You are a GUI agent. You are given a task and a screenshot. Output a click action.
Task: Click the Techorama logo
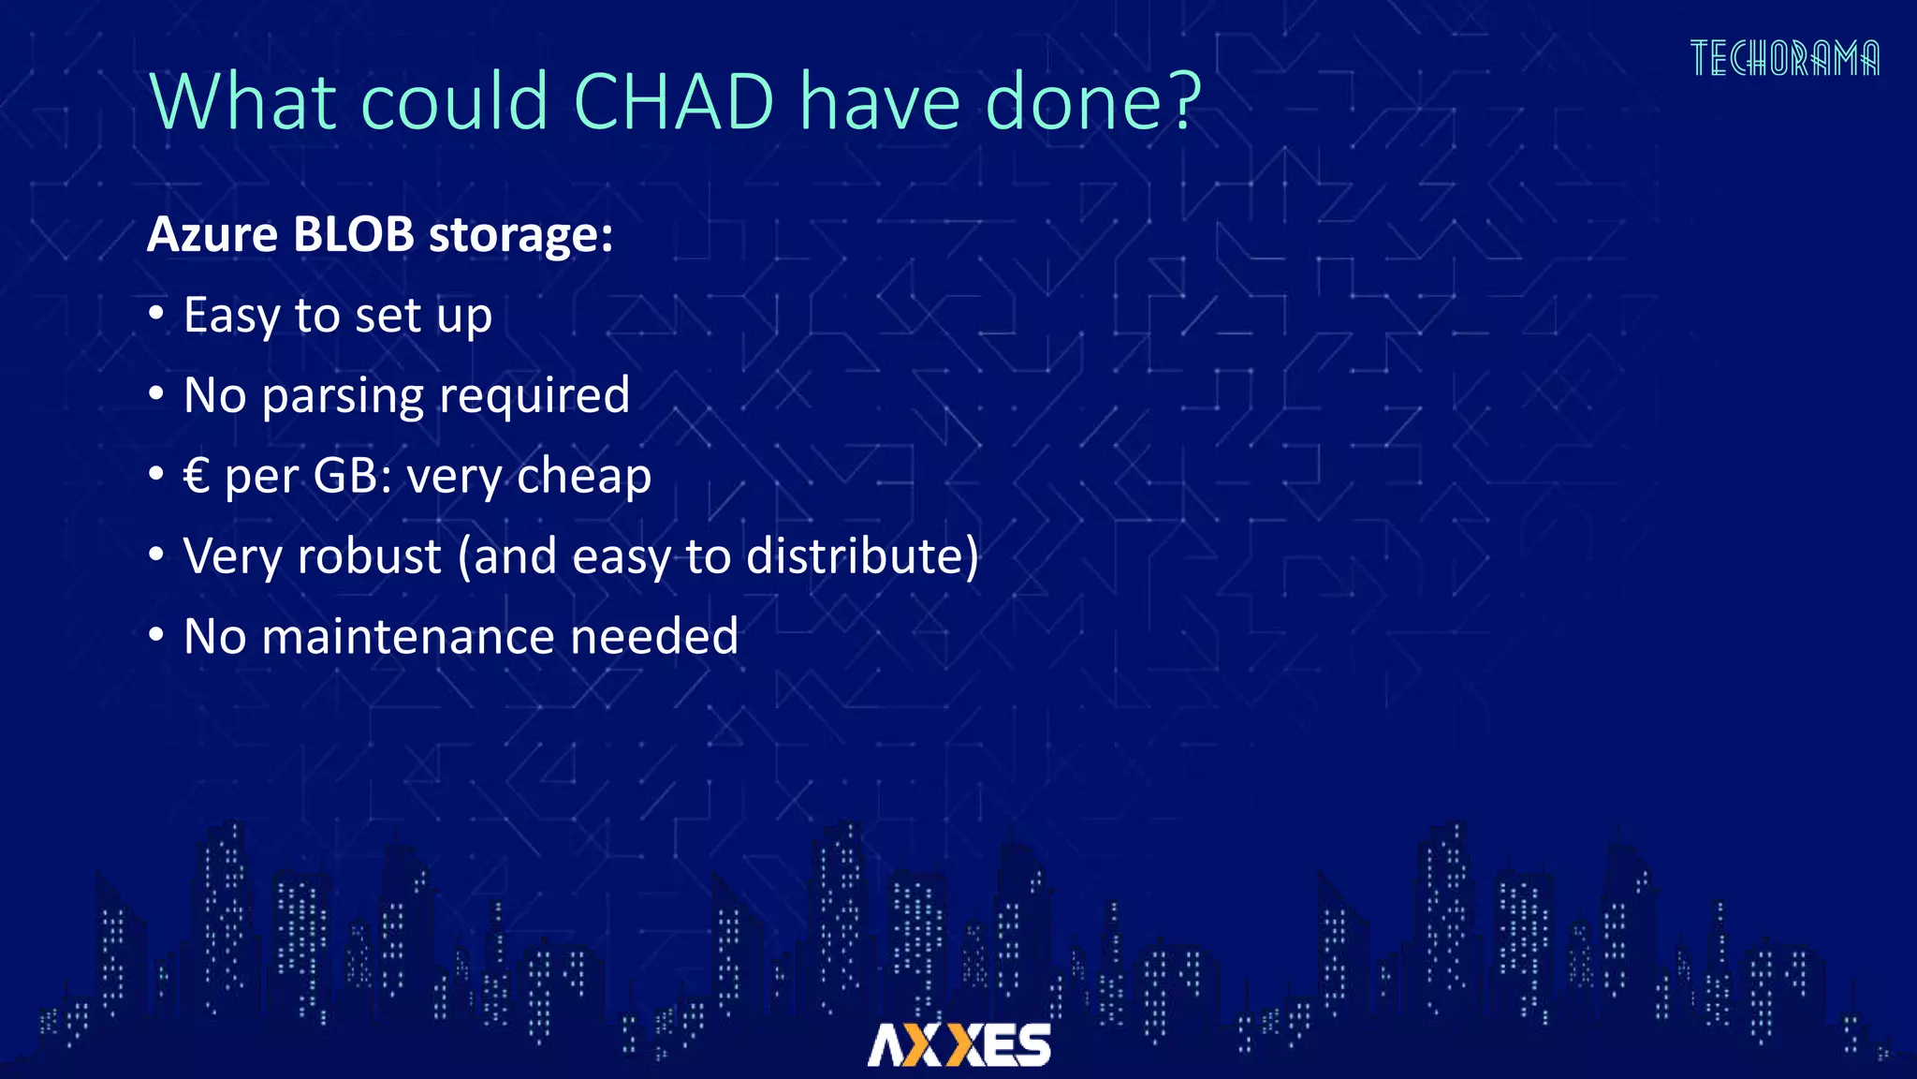[x=1784, y=58]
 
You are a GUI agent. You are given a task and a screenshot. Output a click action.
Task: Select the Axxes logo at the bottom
[x=958, y=1044]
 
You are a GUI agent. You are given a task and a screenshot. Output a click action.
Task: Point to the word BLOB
[x=354, y=234]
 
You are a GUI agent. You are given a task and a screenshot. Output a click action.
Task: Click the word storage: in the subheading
[x=520, y=234]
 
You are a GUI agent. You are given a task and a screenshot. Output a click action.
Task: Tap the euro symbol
[x=197, y=476]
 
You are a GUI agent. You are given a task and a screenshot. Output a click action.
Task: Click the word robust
[x=370, y=556]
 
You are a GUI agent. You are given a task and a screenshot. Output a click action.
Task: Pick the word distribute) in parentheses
[x=862, y=556]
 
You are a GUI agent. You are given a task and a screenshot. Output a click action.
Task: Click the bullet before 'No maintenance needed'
[x=156, y=635]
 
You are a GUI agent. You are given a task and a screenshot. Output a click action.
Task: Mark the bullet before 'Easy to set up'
[x=156, y=314]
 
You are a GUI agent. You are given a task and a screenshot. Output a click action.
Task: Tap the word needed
[x=654, y=637]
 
